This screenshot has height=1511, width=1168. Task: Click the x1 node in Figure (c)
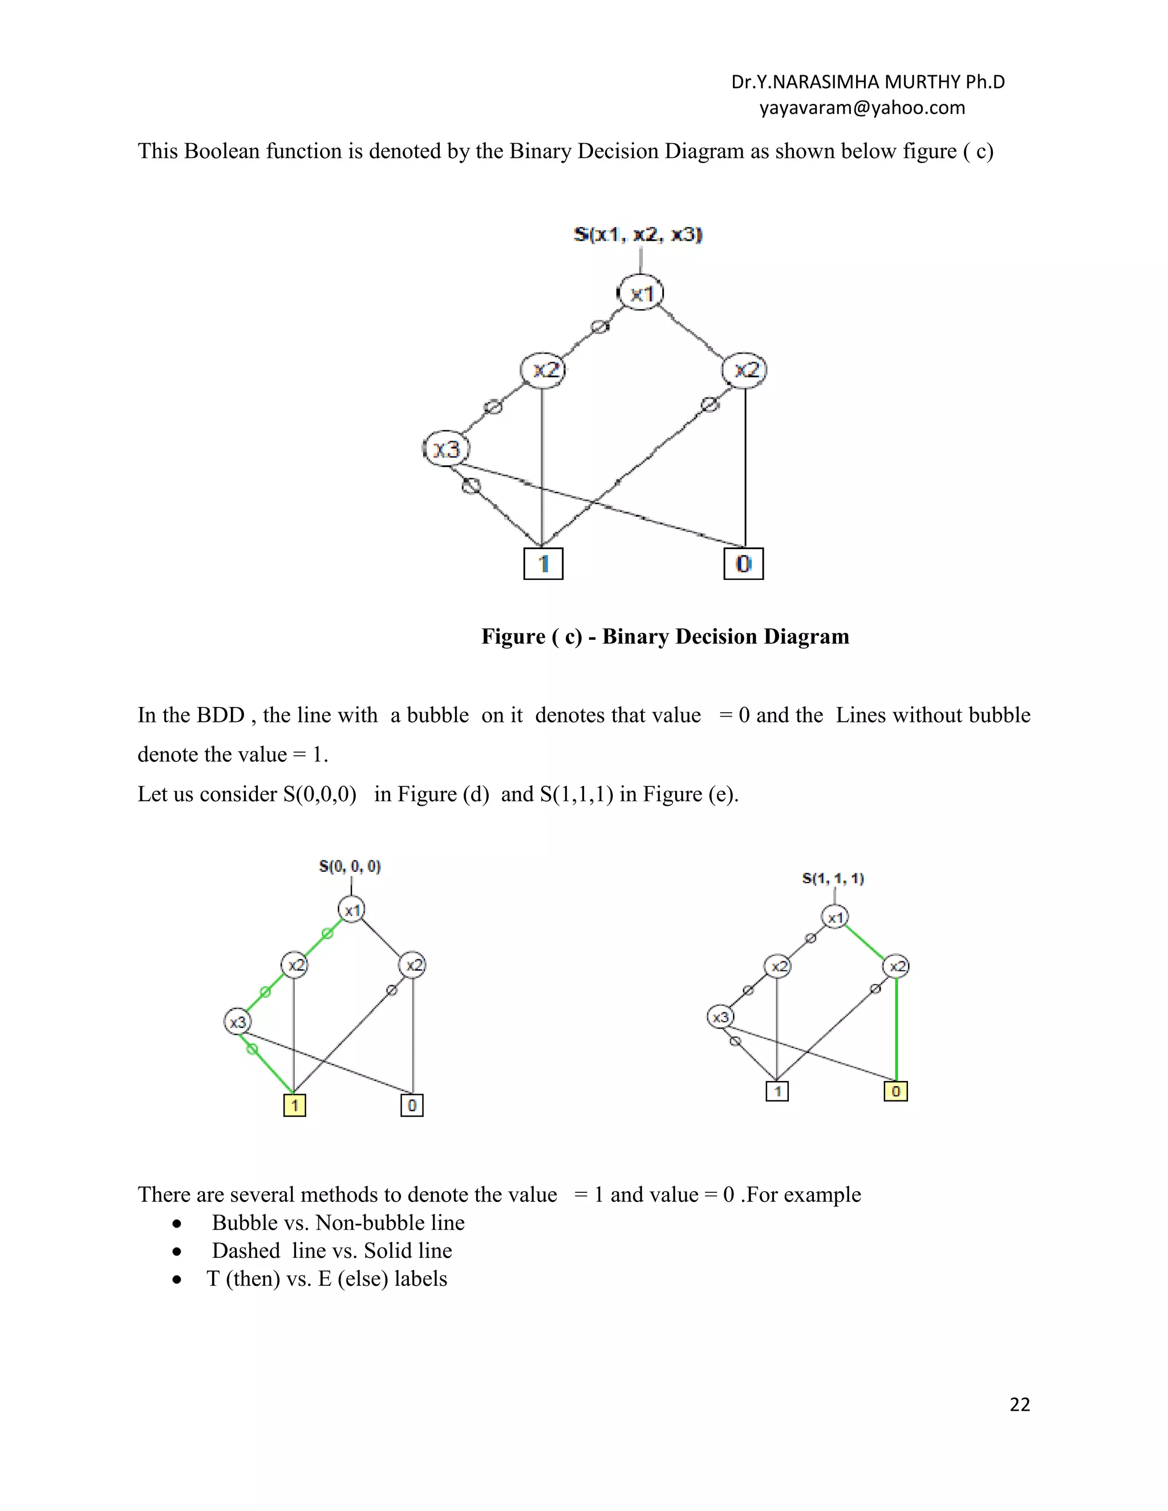pyautogui.click(x=640, y=293)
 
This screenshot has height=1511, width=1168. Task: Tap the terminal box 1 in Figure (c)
pyautogui.click(x=543, y=563)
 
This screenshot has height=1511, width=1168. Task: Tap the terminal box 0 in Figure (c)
pyautogui.click(x=743, y=563)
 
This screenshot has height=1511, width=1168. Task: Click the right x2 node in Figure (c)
pyautogui.click(x=744, y=370)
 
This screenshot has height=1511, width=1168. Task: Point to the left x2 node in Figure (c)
pyautogui.click(x=543, y=370)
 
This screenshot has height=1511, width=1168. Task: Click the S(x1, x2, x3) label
pyautogui.click(x=638, y=234)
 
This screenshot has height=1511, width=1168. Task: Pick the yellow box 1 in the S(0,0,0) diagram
pyautogui.click(x=295, y=1105)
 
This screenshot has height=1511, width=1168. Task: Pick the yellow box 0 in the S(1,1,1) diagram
pyautogui.click(x=895, y=1091)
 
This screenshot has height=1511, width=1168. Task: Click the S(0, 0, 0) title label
pyautogui.click(x=350, y=866)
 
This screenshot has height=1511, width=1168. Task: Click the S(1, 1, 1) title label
pyautogui.click(x=833, y=879)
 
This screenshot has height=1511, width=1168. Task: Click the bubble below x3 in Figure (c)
pyautogui.click(x=471, y=486)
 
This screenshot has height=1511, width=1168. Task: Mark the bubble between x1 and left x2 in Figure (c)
pyautogui.click(x=599, y=326)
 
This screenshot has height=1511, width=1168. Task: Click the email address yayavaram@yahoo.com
pyautogui.click(x=862, y=108)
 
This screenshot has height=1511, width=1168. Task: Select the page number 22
pyautogui.click(x=1019, y=1404)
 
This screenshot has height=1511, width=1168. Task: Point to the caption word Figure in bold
pyautogui.click(x=513, y=636)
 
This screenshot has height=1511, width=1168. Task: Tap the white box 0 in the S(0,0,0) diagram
pyautogui.click(x=412, y=1105)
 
